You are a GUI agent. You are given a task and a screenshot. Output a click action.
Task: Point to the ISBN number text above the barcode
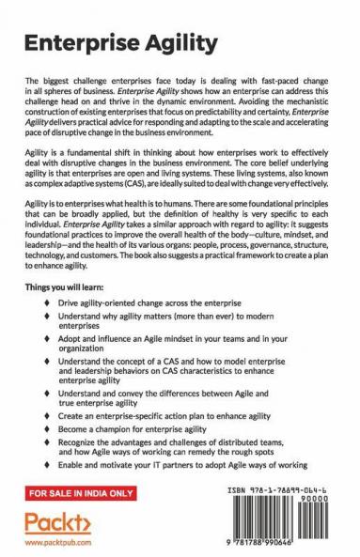click(280, 488)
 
